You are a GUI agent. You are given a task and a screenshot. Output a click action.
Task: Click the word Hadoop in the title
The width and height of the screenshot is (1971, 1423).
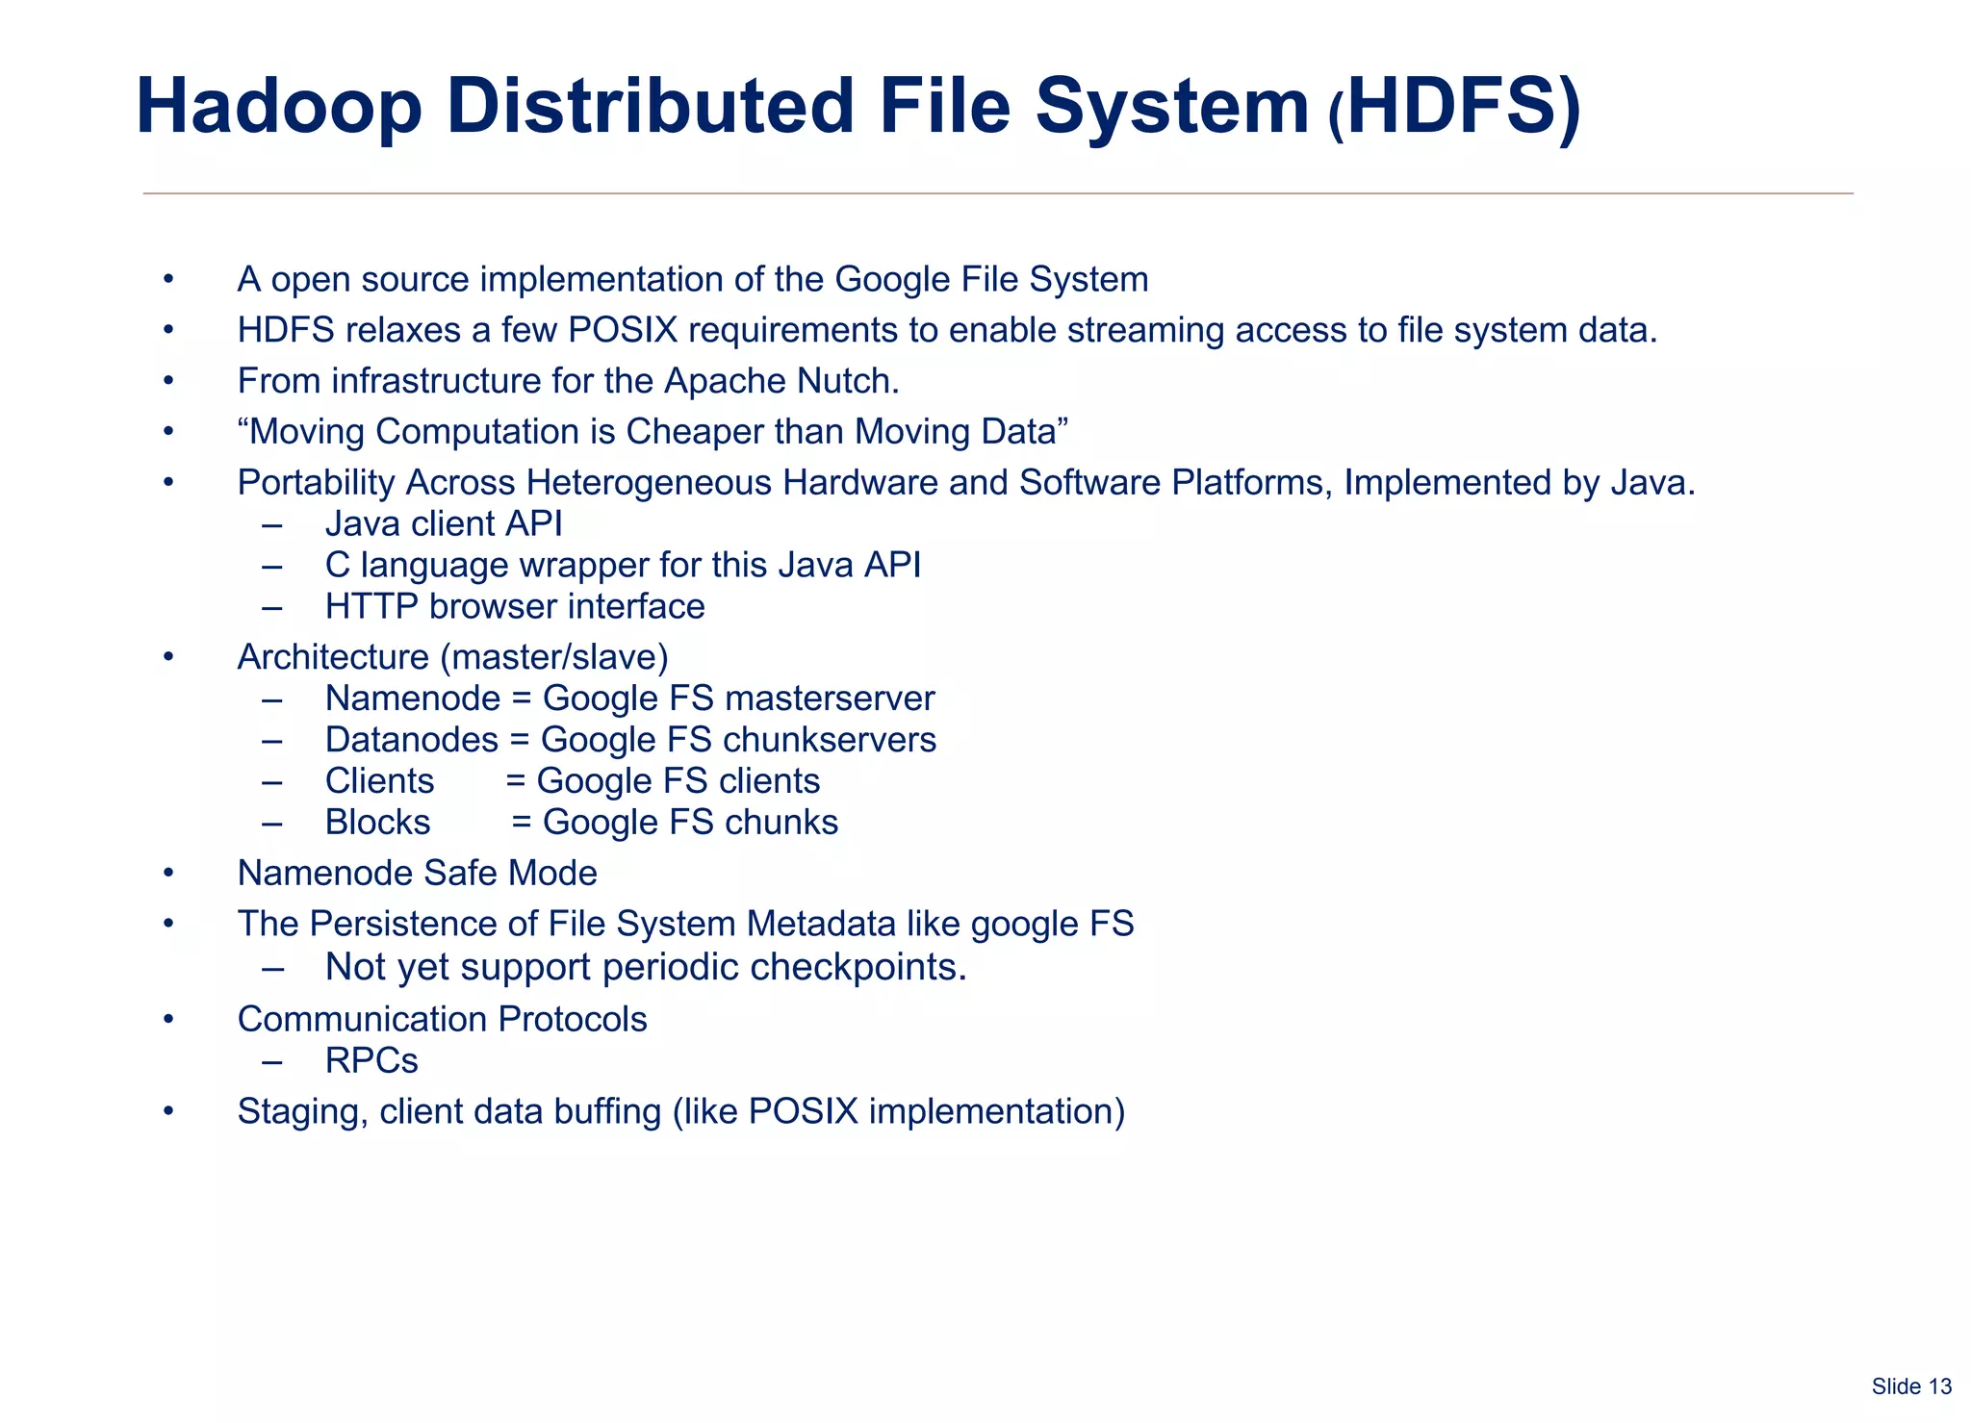[x=279, y=108]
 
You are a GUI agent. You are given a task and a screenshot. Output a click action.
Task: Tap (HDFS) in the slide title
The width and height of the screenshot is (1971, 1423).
[x=1453, y=108]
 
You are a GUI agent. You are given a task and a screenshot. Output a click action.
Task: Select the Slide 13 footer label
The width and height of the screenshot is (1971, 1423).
[x=1910, y=1386]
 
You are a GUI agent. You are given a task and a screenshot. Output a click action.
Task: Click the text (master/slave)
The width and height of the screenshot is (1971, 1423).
[x=554, y=657]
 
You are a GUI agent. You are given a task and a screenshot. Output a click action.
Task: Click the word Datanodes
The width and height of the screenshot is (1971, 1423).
[x=412, y=740]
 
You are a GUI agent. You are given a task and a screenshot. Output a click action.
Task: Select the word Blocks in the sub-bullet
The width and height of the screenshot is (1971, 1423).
[x=377, y=823]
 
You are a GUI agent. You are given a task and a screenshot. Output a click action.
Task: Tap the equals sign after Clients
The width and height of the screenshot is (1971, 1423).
[x=516, y=781]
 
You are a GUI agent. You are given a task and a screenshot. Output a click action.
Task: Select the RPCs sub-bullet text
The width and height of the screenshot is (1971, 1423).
[x=371, y=1061]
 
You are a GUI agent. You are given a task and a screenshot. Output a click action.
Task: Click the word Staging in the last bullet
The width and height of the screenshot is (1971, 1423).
[x=302, y=1112]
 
